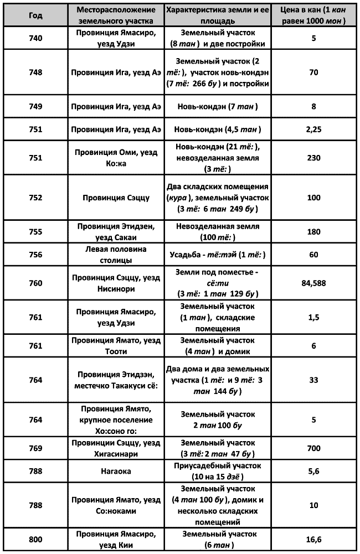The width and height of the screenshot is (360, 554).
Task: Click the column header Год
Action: (35, 15)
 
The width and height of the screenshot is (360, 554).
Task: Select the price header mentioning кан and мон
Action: (313, 15)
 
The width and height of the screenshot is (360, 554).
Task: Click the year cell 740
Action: (35, 39)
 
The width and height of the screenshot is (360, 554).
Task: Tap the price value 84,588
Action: (313, 283)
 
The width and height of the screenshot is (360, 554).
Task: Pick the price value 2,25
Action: (313, 129)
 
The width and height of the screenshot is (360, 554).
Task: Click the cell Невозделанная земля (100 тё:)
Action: (218, 232)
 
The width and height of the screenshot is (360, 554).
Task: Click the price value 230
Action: (313, 157)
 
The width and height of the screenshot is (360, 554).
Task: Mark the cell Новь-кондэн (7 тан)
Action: (218, 106)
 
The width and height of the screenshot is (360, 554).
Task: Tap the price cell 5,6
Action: (313, 470)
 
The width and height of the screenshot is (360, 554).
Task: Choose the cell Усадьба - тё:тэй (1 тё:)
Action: (218, 255)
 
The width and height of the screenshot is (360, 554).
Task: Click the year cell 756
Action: (35, 255)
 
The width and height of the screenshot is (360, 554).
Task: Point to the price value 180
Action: (313, 232)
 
